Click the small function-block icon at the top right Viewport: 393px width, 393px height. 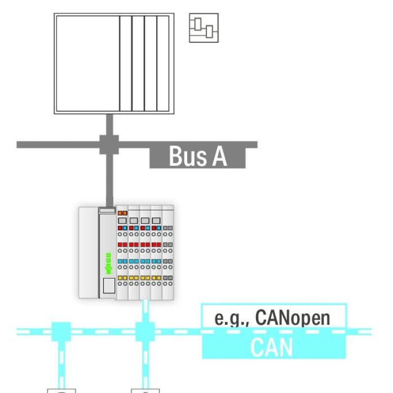click(203, 28)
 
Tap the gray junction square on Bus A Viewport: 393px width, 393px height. click(109, 144)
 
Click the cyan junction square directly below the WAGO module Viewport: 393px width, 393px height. click(145, 331)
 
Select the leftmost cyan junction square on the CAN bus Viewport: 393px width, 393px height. click(61, 331)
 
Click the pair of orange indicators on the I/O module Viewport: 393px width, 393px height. click(122, 213)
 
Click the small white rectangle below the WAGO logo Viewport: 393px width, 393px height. click(109, 285)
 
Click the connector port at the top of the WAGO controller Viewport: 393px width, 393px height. click(107, 210)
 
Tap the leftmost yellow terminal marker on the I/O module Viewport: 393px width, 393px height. click(121, 278)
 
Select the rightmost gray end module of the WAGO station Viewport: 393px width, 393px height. click(168, 253)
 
